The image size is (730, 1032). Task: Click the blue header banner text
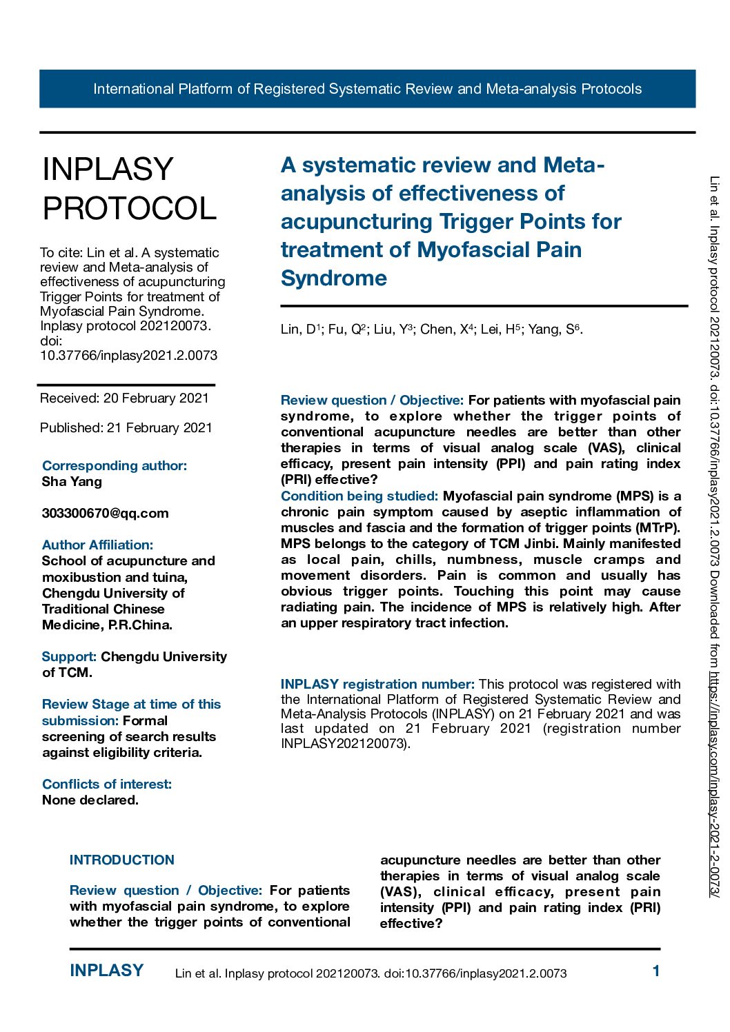coord(367,89)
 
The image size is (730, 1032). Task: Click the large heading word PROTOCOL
coord(130,208)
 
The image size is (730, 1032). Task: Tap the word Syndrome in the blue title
coord(334,278)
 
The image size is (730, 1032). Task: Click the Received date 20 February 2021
coord(124,398)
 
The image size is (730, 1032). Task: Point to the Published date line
coord(126,427)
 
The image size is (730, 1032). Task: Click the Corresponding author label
coord(115,465)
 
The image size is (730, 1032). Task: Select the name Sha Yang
coord(72,481)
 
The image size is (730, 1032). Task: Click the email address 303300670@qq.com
coord(105,513)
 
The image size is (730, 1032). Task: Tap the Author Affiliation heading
coord(97,545)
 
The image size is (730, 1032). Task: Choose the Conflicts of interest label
coord(107,784)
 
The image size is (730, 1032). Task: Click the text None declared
coord(90,800)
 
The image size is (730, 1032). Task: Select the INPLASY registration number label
coord(377,684)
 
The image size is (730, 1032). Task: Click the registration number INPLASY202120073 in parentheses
coord(344,744)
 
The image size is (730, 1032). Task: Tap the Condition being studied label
coord(359,496)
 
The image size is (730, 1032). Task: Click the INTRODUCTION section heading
coord(122,860)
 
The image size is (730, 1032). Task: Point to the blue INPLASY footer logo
coord(106,971)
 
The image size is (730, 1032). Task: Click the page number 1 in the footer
coord(656,971)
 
